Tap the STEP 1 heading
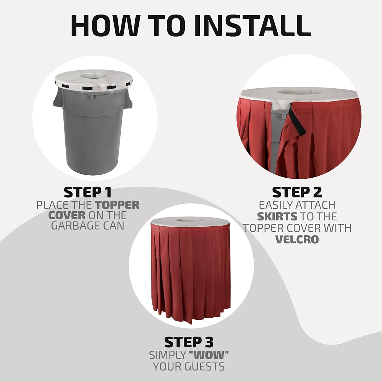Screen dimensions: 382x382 (x=88, y=192)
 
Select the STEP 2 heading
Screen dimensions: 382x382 (x=297, y=192)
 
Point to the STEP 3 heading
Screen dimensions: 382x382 (x=189, y=342)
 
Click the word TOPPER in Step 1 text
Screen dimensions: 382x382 (x=117, y=205)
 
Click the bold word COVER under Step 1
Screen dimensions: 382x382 (x=67, y=215)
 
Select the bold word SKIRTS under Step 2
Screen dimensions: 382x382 (x=277, y=217)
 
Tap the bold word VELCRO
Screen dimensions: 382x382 (x=297, y=240)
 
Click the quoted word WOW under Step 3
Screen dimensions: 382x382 (x=209, y=355)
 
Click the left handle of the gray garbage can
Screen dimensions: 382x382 (x=57, y=99)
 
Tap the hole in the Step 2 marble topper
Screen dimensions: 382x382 (x=297, y=92)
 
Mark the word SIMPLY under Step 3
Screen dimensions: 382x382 (x=168, y=355)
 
